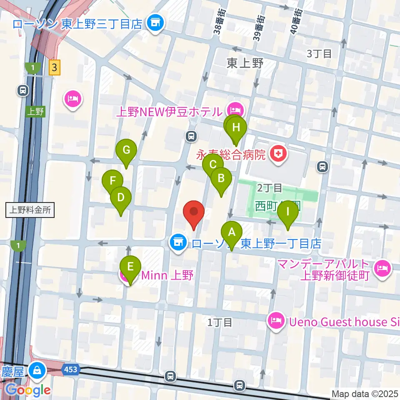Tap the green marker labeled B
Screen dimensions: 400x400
[x=221, y=179]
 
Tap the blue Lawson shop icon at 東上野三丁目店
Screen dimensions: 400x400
[x=155, y=23]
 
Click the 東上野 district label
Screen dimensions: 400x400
[x=245, y=63]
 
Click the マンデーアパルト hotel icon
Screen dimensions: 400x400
[x=382, y=269]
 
